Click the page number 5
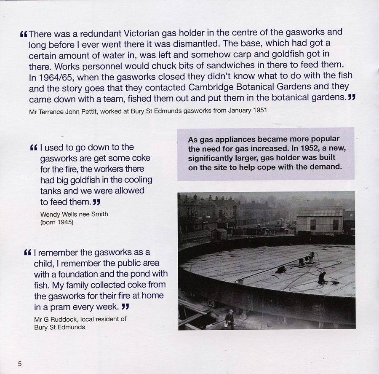click(x=19, y=364)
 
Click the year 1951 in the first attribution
click(x=259, y=111)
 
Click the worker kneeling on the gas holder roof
click(x=322, y=277)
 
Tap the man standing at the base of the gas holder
click(x=230, y=318)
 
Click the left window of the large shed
click(x=313, y=224)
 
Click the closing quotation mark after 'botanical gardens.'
click(x=352, y=98)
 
